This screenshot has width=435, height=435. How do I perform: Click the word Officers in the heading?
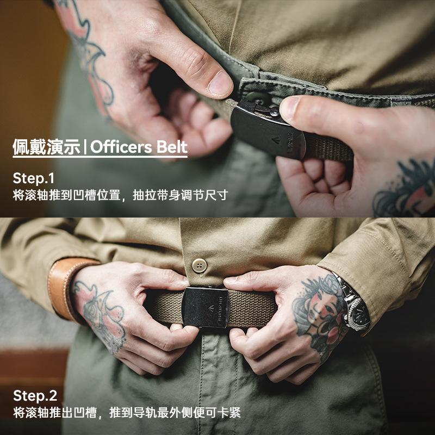[121, 147]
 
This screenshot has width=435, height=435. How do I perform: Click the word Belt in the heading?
[171, 147]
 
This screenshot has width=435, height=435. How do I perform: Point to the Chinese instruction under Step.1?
[120, 195]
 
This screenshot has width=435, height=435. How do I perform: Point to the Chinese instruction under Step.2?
[126, 413]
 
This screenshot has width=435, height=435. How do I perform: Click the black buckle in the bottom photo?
[205, 307]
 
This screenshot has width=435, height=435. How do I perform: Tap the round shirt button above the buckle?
[200, 265]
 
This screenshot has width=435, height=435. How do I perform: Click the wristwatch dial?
[359, 313]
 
